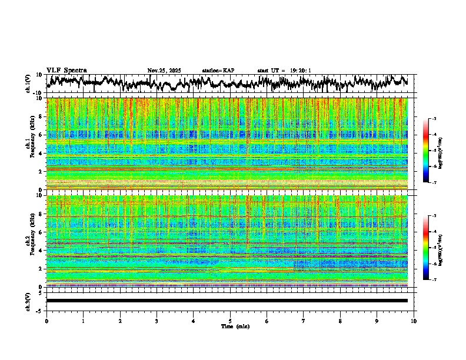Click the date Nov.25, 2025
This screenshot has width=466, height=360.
164,71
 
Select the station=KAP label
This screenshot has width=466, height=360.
218,71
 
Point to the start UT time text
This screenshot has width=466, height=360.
284,71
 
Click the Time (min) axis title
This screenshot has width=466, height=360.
235,326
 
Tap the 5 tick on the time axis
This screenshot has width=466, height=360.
230,321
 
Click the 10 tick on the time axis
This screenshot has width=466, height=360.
414,321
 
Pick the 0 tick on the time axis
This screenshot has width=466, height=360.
46,321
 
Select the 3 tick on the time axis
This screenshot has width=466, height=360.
157,321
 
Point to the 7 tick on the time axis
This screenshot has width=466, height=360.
304,321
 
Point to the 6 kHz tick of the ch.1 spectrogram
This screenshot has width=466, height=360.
42,135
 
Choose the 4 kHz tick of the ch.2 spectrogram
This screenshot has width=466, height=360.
42,250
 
